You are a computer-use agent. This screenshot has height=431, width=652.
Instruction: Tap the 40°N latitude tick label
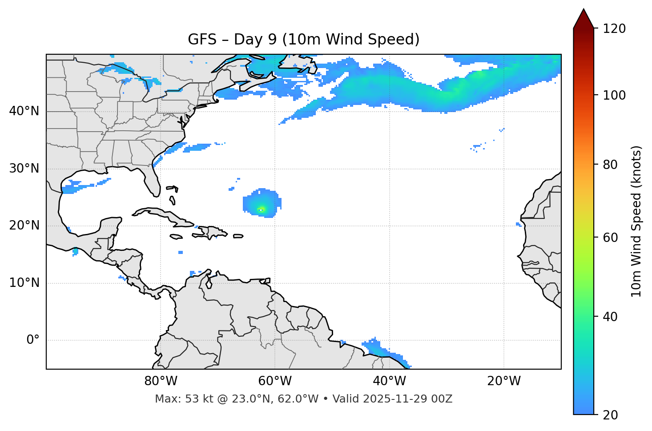click(24, 111)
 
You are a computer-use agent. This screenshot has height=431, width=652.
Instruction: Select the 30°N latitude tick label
click(24, 169)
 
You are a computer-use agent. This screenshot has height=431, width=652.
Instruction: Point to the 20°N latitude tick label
click(24, 226)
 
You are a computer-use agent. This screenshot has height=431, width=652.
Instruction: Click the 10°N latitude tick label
click(24, 283)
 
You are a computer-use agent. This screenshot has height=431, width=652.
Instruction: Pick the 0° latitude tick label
click(33, 340)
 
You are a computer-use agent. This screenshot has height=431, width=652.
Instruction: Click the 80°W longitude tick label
click(161, 381)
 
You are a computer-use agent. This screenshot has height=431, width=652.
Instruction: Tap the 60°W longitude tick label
click(275, 381)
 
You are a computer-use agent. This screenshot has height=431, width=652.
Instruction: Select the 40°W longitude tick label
click(389, 381)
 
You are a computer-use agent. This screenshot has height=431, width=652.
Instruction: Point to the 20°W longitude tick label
click(503, 381)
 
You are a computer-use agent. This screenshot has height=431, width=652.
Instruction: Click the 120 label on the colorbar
click(614, 29)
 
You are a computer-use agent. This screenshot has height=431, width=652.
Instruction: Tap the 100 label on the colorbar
click(614, 95)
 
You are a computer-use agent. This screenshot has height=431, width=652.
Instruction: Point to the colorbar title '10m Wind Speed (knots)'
click(636, 221)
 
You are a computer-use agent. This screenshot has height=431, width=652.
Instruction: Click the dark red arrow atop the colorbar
click(584, 19)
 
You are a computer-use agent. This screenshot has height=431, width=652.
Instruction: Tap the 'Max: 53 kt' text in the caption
click(177, 399)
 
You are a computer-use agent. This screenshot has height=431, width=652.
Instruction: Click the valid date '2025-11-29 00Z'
click(407, 399)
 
